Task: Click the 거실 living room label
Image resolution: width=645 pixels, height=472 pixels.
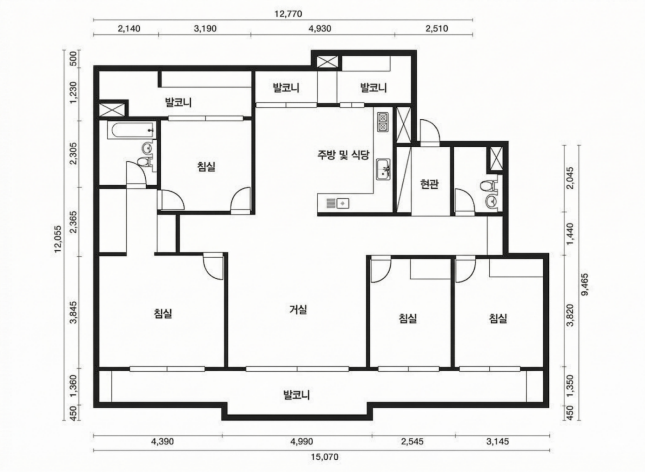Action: tap(298, 310)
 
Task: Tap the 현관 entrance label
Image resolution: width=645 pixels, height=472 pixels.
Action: tap(429, 184)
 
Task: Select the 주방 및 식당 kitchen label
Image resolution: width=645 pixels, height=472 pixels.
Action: tap(343, 155)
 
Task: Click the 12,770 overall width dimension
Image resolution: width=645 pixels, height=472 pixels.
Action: tap(288, 13)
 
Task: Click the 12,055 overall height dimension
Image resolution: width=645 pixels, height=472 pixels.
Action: tap(58, 239)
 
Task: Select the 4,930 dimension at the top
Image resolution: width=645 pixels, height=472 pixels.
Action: tap(320, 29)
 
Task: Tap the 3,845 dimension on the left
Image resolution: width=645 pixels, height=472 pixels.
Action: tap(74, 313)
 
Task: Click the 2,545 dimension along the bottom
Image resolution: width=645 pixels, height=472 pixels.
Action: tap(412, 441)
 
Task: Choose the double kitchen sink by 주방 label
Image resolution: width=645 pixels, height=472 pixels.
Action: tap(383, 169)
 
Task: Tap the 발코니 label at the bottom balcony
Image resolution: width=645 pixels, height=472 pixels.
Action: tap(297, 395)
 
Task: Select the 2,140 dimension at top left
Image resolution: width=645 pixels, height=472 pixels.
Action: tap(129, 29)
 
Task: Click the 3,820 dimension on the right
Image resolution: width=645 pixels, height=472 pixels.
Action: tap(570, 315)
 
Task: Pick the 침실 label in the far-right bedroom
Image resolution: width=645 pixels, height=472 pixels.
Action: tap(498, 318)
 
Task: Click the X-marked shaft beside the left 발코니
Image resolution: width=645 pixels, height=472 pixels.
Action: tap(112, 109)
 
